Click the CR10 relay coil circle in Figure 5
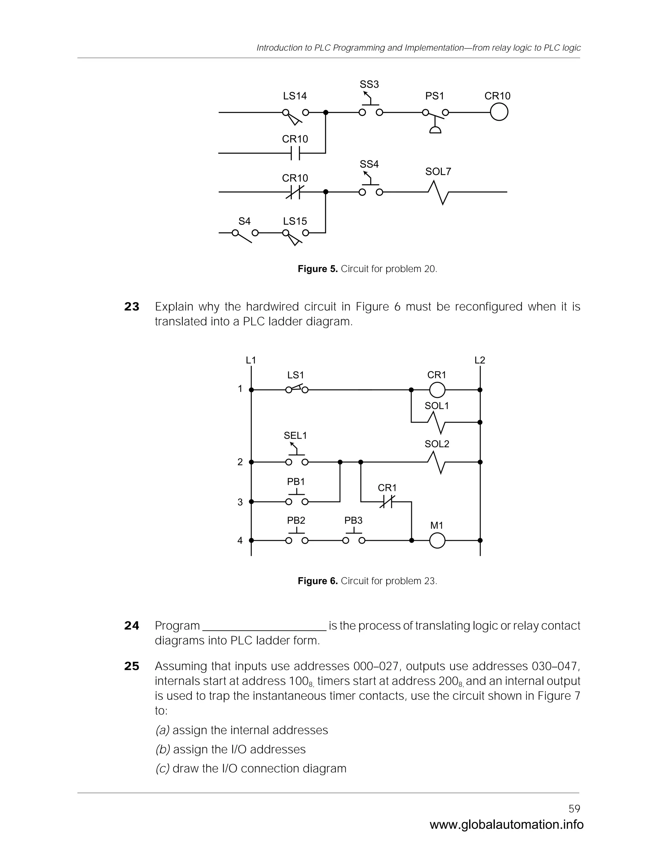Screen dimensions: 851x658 point(499,113)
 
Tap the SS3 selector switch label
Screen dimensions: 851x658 point(369,84)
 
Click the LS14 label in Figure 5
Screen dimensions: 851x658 point(295,96)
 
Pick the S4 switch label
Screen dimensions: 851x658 point(245,221)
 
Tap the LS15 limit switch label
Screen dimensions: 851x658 point(295,221)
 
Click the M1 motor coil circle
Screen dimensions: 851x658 point(437,540)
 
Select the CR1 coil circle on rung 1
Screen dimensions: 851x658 point(437,390)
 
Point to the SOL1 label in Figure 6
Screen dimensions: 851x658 point(437,406)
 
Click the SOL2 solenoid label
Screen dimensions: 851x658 point(437,444)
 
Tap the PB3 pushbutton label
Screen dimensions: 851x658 point(353,520)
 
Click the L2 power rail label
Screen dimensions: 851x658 point(480,360)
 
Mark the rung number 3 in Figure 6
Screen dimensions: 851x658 point(240,502)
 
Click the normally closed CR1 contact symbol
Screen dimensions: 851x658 point(387,502)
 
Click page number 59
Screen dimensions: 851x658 point(574,809)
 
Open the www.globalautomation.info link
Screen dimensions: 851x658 point(506,824)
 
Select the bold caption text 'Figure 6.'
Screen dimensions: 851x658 point(317,581)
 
